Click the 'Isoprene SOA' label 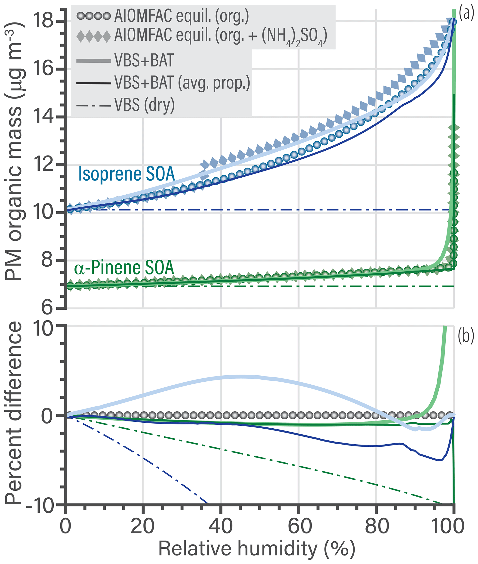[x=126, y=174]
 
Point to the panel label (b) [x=466, y=336]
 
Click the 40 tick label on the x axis [x=221, y=526]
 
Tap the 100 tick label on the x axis [x=450, y=526]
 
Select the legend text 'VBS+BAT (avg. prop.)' [x=182, y=82]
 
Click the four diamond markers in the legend [x=93, y=36]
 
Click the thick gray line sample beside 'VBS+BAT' [x=93, y=60]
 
